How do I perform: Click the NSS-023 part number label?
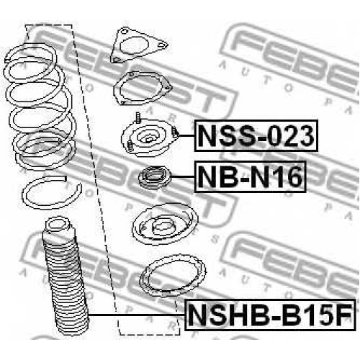(x=256, y=135)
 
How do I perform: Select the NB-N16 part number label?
(x=250, y=176)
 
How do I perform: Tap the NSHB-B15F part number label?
(x=271, y=315)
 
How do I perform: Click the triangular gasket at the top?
(x=139, y=45)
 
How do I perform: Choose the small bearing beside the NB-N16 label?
(x=155, y=177)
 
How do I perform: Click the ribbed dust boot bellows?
(x=65, y=276)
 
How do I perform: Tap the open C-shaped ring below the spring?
(x=52, y=192)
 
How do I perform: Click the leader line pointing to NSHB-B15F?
(x=137, y=315)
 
